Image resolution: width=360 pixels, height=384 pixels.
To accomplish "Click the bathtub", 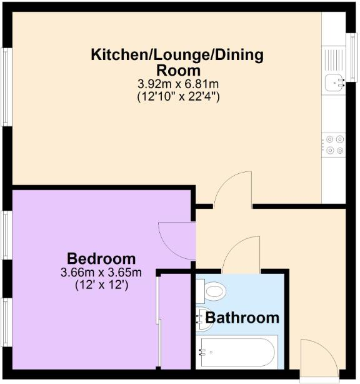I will click(236, 354).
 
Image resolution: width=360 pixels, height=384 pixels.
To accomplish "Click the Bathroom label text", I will click(242, 318).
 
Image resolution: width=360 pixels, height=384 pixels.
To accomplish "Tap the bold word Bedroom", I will click(101, 258).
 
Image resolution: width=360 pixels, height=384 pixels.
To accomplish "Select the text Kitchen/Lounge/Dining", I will click(177, 54).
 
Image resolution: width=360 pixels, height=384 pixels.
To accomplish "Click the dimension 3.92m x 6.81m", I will click(177, 84).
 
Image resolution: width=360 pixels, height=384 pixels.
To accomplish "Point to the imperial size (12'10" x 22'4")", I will click(177, 97).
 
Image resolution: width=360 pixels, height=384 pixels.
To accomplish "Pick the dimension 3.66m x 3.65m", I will click(101, 273).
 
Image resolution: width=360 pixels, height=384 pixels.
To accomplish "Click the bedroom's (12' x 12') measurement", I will click(101, 286).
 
